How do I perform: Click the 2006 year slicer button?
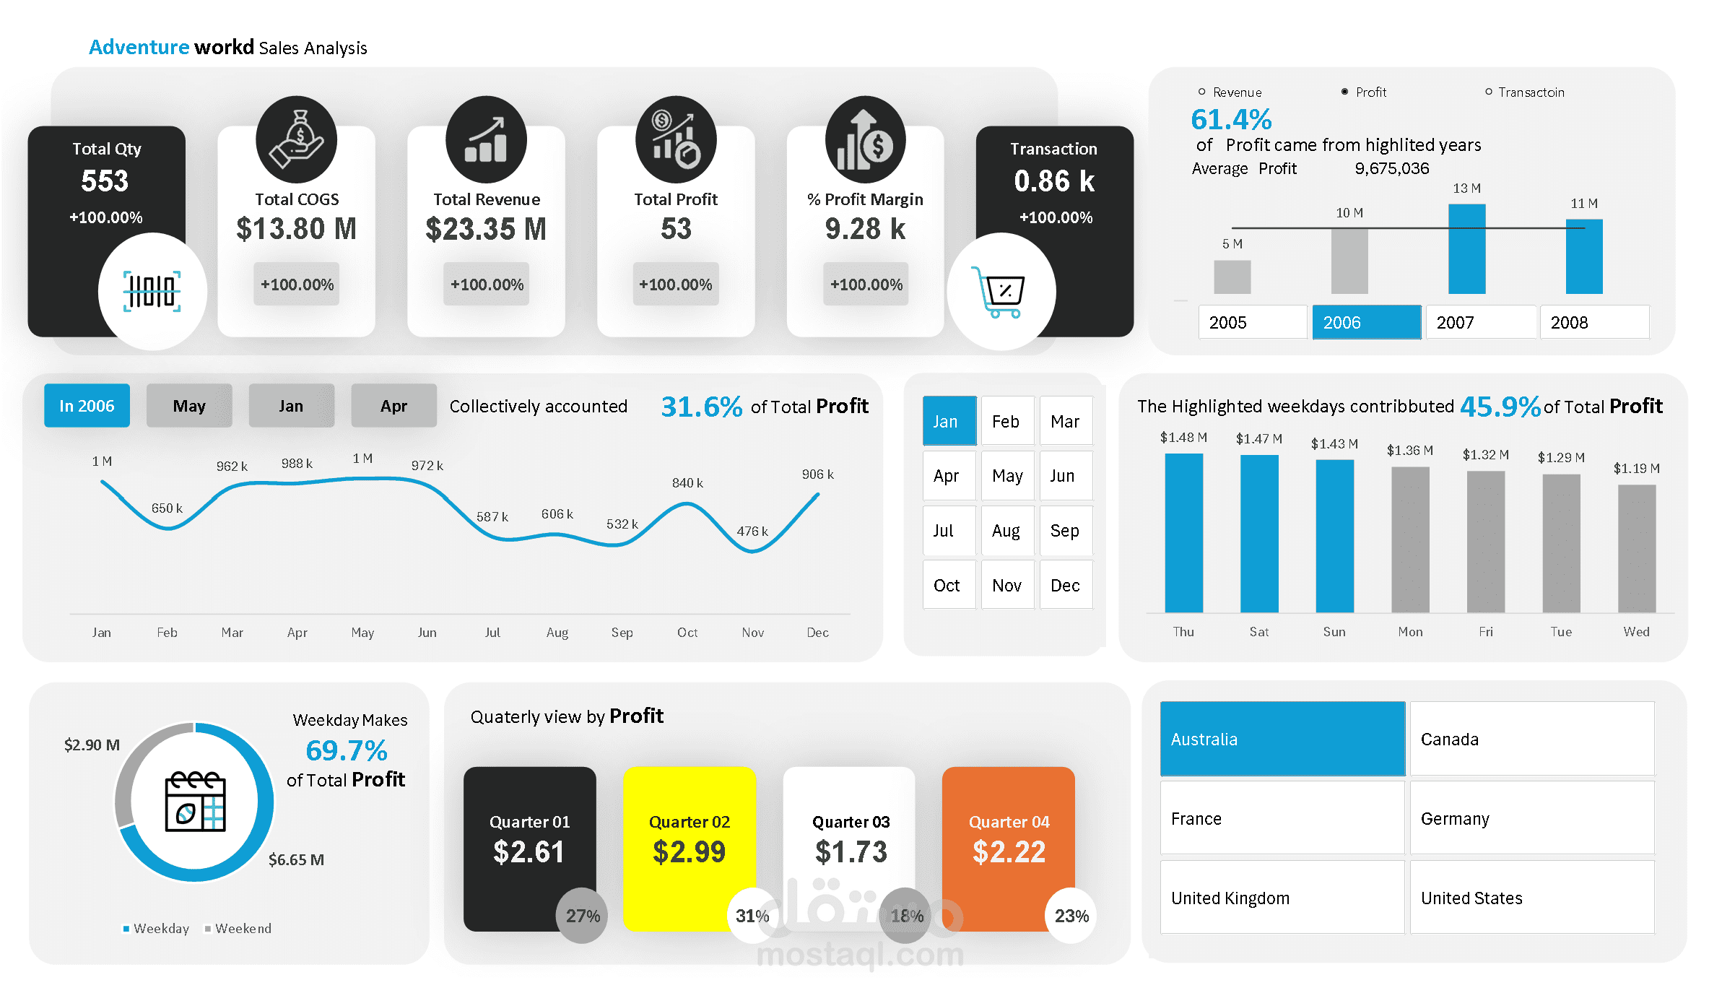pyautogui.click(x=1366, y=322)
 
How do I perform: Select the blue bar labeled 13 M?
pyautogui.click(x=1466, y=249)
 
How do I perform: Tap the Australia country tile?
pyautogui.click(x=1282, y=739)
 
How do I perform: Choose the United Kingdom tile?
pyautogui.click(x=1282, y=898)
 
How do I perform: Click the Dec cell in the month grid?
pyautogui.click(x=1065, y=585)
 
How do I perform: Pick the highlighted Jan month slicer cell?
pyautogui.click(x=949, y=421)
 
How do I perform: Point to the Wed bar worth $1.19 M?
pyautogui.click(x=1636, y=549)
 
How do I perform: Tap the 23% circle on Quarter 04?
pyautogui.click(x=1071, y=916)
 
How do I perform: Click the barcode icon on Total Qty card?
pyautogui.click(x=152, y=292)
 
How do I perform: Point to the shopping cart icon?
pyautogui.click(x=1000, y=292)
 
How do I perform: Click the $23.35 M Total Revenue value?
pyautogui.click(x=486, y=229)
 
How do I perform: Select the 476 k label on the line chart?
pyautogui.click(x=752, y=532)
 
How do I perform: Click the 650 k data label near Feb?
pyautogui.click(x=167, y=508)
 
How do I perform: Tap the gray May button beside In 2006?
pyautogui.click(x=189, y=406)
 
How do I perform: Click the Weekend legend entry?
pyautogui.click(x=242, y=929)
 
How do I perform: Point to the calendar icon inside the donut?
pyautogui.click(x=195, y=802)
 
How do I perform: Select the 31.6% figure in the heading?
pyautogui.click(x=701, y=407)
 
